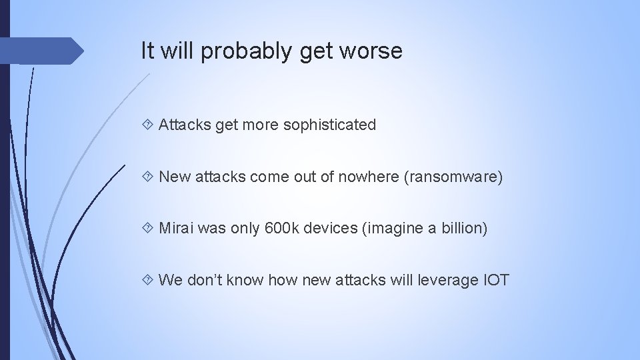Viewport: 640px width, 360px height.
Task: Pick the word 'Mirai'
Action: tap(177, 228)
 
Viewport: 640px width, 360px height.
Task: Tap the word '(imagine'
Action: tap(390, 229)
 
